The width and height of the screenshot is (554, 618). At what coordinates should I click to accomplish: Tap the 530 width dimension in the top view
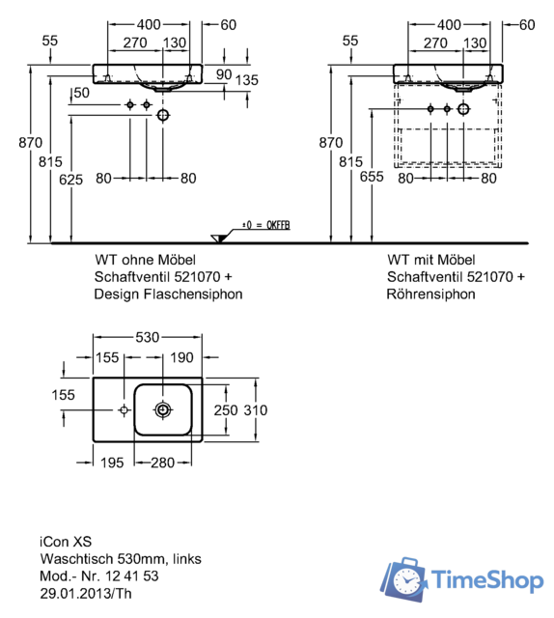pyautogui.click(x=148, y=339)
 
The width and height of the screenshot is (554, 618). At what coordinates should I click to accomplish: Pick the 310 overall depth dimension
pyautogui.click(x=256, y=410)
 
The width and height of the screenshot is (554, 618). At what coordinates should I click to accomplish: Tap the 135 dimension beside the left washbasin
pyautogui.click(x=247, y=80)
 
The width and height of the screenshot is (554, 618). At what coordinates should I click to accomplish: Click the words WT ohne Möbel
pyautogui.click(x=145, y=260)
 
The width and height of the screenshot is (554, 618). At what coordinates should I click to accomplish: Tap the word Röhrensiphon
pyautogui.click(x=431, y=295)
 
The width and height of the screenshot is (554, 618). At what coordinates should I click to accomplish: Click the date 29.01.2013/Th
pyautogui.click(x=85, y=594)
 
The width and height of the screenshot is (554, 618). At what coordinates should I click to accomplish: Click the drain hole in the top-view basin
pyautogui.click(x=163, y=409)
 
